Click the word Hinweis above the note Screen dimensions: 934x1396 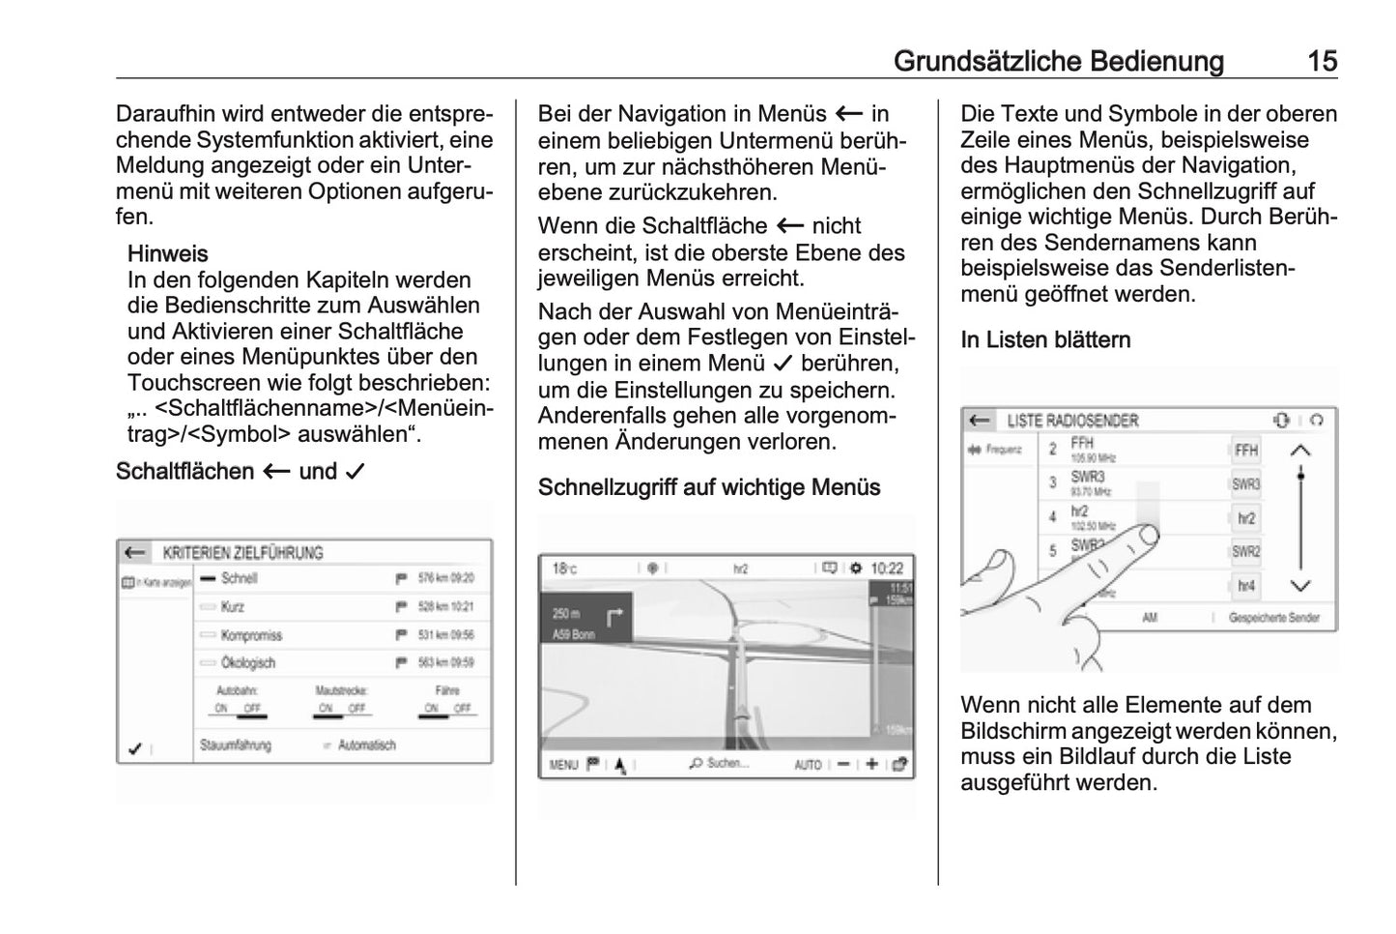(x=167, y=254)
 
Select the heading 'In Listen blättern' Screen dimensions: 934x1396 (x=1045, y=340)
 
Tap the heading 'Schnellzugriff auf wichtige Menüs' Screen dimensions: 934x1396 (x=708, y=487)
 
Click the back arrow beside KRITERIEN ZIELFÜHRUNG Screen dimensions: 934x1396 (x=135, y=553)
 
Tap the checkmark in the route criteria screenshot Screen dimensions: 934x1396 (x=135, y=748)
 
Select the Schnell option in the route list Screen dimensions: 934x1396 (x=239, y=578)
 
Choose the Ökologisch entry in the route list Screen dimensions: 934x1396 (x=247, y=663)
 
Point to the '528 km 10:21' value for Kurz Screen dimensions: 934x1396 (x=445, y=607)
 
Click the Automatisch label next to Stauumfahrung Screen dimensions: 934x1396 (x=366, y=745)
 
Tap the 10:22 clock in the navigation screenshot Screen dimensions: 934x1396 (x=887, y=569)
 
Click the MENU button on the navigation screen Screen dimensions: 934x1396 (x=563, y=765)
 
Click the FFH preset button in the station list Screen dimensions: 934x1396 (x=1246, y=451)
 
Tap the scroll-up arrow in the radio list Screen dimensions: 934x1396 (x=1301, y=451)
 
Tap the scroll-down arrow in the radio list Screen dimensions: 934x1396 (x=1301, y=586)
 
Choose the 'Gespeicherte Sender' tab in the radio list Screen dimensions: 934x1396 (x=1273, y=618)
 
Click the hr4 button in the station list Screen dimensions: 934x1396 (x=1246, y=586)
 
